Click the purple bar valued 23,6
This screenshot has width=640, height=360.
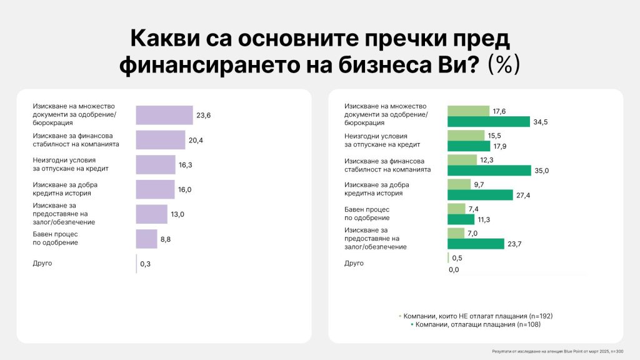164,115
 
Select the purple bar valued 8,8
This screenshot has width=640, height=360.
147,239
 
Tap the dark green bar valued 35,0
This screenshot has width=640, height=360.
489,171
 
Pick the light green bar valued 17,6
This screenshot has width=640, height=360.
468,111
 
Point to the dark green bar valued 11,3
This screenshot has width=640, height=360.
461,219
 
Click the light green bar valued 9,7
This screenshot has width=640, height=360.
459,184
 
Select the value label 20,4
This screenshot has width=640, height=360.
196,140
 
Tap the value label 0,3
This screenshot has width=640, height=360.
146,264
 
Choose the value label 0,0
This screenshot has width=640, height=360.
454,269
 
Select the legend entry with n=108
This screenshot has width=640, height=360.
475,324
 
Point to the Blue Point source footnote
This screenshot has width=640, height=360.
562,352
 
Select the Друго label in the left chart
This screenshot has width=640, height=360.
42,263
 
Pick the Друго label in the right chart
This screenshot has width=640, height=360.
354,263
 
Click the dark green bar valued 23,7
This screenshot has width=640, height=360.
476,244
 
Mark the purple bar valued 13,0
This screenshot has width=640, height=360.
152,214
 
